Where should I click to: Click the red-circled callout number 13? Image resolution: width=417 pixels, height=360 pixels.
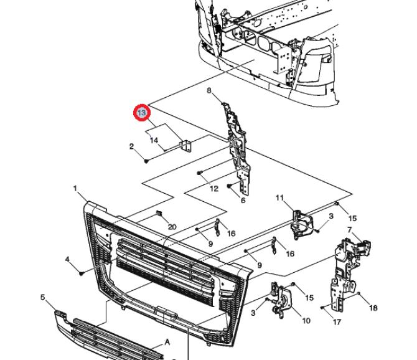click(x=142, y=113)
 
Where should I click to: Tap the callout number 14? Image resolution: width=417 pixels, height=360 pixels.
click(x=154, y=141)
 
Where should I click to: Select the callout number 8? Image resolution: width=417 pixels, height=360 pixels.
click(x=210, y=91)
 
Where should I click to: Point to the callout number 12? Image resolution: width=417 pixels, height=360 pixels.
click(x=213, y=188)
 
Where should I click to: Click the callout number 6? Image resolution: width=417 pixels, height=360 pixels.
click(x=243, y=201)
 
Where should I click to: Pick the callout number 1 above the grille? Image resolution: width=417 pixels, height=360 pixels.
click(x=75, y=188)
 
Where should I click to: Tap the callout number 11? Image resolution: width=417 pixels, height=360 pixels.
click(x=280, y=198)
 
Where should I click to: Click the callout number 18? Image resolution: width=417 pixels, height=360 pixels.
click(x=373, y=308)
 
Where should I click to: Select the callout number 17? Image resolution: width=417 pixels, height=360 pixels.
click(x=337, y=322)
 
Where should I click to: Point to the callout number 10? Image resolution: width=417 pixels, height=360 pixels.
click(x=306, y=321)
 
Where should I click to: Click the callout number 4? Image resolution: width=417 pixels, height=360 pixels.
click(x=67, y=258)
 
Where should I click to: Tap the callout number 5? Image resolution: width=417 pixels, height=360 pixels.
click(x=43, y=297)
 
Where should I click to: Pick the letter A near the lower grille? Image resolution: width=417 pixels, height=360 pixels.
click(x=167, y=342)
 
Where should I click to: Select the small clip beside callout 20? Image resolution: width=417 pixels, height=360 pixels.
click(x=160, y=216)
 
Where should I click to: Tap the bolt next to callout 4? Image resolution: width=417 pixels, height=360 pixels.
click(x=82, y=272)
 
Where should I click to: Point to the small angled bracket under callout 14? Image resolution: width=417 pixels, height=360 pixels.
click(x=185, y=145)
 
